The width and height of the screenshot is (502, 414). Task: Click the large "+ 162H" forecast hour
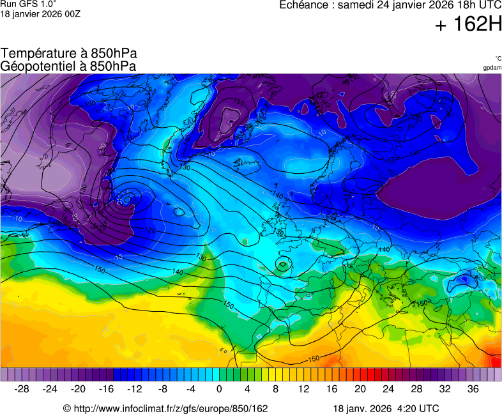(x=468, y=25)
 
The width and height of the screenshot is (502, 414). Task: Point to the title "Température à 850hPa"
(x=69, y=54)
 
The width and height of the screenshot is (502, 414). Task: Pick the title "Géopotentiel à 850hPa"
(x=68, y=66)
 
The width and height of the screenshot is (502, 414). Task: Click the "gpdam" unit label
(x=491, y=68)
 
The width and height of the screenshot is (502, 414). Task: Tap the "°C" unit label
(x=498, y=58)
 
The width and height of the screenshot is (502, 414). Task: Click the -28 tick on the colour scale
(x=22, y=388)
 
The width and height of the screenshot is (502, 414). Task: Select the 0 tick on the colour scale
(x=219, y=388)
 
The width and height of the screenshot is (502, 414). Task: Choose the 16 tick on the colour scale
(x=331, y=388)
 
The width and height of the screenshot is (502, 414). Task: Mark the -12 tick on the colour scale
(x=135, y=388)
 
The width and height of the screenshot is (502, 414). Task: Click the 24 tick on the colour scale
(x=388, y=388)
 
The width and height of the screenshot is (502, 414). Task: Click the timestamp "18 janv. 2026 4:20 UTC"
(x=386, y=408)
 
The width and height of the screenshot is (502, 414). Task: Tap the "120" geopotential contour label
(x=151, y=230)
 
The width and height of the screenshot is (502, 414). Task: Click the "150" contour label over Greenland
(x=238, y=102)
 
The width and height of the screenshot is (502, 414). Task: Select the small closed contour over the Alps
(x=283, y=263)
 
